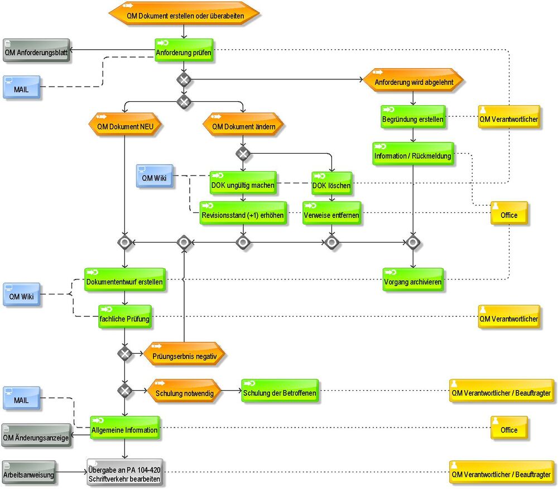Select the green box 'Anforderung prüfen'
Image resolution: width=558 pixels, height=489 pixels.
[184, 50]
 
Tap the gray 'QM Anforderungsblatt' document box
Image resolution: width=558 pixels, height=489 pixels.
[36, 50]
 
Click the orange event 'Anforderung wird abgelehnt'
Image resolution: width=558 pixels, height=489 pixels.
[413, 80]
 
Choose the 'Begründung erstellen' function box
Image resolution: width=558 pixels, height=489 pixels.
[413, 117]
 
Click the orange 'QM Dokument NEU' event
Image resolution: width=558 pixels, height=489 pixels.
[125, 125]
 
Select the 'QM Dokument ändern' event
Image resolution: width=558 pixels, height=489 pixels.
[243, 125]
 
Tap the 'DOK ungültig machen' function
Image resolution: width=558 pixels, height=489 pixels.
[243, 183]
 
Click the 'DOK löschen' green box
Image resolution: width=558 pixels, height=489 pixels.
[331, 183]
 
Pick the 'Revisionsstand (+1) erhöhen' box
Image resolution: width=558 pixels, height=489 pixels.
[243, 213]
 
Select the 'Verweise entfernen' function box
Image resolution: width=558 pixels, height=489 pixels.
[331, 213]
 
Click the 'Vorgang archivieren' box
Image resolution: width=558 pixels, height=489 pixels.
[413, 280]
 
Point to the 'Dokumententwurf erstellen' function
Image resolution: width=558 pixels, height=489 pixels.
[125, 280]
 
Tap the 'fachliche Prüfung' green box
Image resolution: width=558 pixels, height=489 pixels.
[125, 317]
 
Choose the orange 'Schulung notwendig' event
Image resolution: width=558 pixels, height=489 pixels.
[184, 391]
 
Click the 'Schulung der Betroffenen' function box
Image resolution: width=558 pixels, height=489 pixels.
[280, 391]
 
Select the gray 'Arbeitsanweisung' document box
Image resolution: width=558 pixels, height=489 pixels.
[29, 472]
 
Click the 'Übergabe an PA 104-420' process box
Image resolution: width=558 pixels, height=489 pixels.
[125, 472]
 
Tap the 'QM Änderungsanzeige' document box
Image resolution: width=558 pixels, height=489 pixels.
[36, 435]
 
